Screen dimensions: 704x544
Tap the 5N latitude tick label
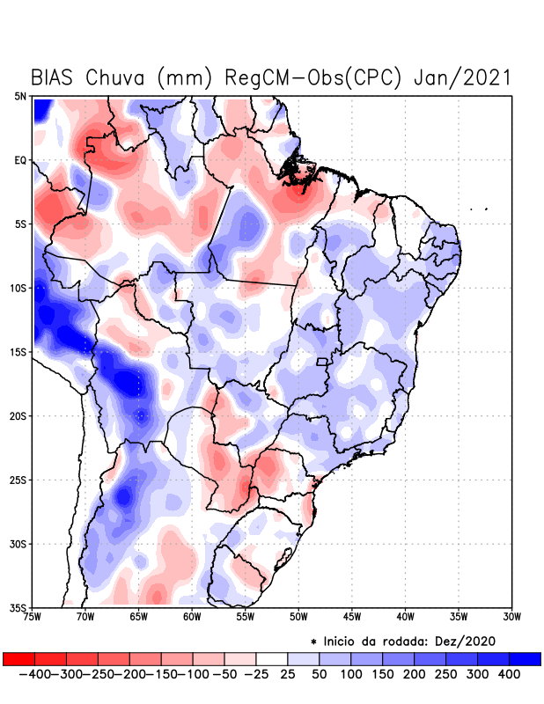[x=20, y=97]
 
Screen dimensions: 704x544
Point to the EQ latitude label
[x=20, y=160]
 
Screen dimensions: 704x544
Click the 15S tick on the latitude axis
[x=19, y=352]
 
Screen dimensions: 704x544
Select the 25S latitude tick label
[x=19, y=480]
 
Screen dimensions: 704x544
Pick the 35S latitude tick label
[x=19, y=607]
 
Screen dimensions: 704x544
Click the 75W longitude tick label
[x=33, y=616]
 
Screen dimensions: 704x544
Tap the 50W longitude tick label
[x=298, y=616]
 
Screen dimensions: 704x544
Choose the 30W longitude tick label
[x=512, y=616]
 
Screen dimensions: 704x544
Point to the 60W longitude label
[x=192, y=616]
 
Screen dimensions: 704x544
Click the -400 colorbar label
[x=33, y=673]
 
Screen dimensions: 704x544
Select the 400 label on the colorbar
[x=510, y=673]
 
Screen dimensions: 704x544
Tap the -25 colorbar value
[x=255, y=673]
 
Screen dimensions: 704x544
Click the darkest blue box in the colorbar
[x=526, y=658]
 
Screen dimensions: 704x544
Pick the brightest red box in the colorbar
[x=18, y=658]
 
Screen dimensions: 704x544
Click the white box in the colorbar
[x=272, y=658]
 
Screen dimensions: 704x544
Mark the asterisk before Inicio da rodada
[x=313, y=642]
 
